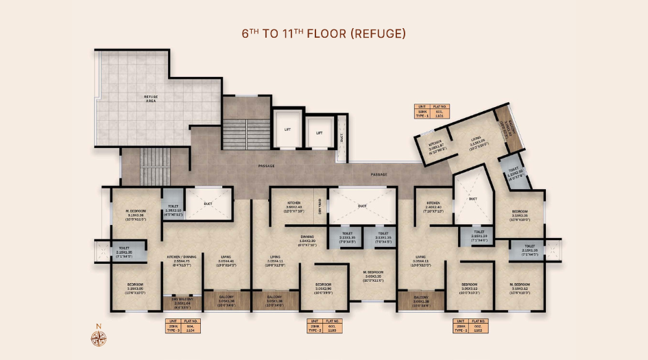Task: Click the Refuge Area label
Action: click(x=150, y=99)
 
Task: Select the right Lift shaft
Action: click(x=320, y=130)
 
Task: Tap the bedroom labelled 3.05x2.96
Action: click(x=324, y=287)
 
